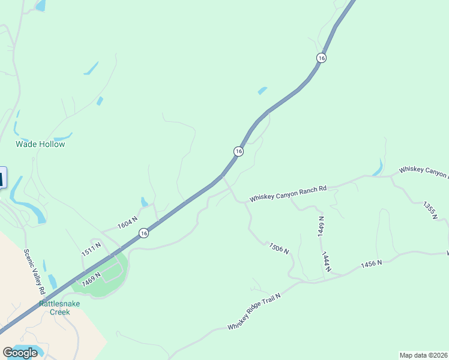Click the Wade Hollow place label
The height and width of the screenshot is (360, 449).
(x=40, y=144)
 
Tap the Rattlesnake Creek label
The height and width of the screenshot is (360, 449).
(x=59, y=307)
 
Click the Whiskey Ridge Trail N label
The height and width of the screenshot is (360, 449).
(x=253, y=307)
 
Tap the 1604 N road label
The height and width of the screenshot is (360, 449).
(x=127, y=223)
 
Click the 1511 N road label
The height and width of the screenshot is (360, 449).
(x=91, y=249)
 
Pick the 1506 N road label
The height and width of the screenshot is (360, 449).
(x=279, y=247)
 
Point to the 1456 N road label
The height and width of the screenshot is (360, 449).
(x=372, y=264)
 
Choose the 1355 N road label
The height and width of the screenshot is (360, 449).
(x=429, y=211)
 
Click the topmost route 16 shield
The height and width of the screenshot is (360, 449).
(x=322, y=58)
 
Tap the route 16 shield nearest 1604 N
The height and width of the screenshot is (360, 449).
(x=143, y=233)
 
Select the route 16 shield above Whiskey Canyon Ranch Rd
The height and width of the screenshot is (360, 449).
(x=238, y=151)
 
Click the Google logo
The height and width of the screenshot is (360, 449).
(x=20, y=353)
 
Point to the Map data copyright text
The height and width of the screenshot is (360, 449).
(x=423, y=355)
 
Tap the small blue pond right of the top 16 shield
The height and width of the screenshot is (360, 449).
(x=262, y=91)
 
